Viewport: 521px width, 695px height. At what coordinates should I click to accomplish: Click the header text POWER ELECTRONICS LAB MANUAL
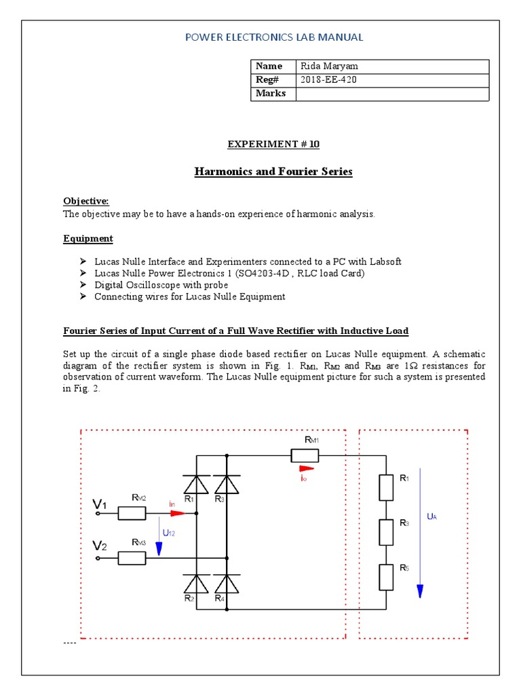(x=274, y=37)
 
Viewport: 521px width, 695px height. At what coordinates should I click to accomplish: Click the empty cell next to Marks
(x=392, y=94)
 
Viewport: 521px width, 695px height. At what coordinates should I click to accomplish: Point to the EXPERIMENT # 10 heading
(x=273, y=145)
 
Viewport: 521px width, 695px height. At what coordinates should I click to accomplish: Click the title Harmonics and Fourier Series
(x=273, y=172)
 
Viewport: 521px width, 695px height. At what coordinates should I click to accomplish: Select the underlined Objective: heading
(x=85, y=202)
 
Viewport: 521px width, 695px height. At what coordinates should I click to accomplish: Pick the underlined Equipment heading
(x=88, y=239)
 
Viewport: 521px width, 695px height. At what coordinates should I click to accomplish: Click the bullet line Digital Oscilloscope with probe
(x=161, y=285)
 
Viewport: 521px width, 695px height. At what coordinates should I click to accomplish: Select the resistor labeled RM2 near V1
(x=132, y=513)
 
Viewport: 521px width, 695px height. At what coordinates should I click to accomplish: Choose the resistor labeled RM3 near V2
(x=132, y=558)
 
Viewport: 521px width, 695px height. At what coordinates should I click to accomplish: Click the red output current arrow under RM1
(x=307, y=468)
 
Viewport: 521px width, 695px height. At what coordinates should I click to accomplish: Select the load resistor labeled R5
(x=385, y=576)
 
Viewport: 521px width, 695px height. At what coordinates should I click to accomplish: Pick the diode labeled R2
(x=196, y=583)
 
